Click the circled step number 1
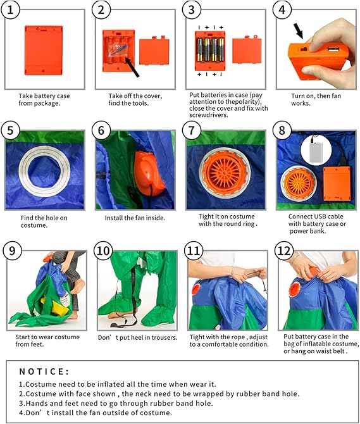[10, 10]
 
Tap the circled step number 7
[191, 130]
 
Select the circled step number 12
[284, 251]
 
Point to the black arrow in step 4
[299, 30]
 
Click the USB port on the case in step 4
[332, 50]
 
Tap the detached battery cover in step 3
[247, 51]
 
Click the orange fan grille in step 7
[225, 173]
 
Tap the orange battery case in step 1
[44, 50]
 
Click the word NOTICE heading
[44, 371]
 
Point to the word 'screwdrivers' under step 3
[208, 115]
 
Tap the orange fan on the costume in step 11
[196, 289]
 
